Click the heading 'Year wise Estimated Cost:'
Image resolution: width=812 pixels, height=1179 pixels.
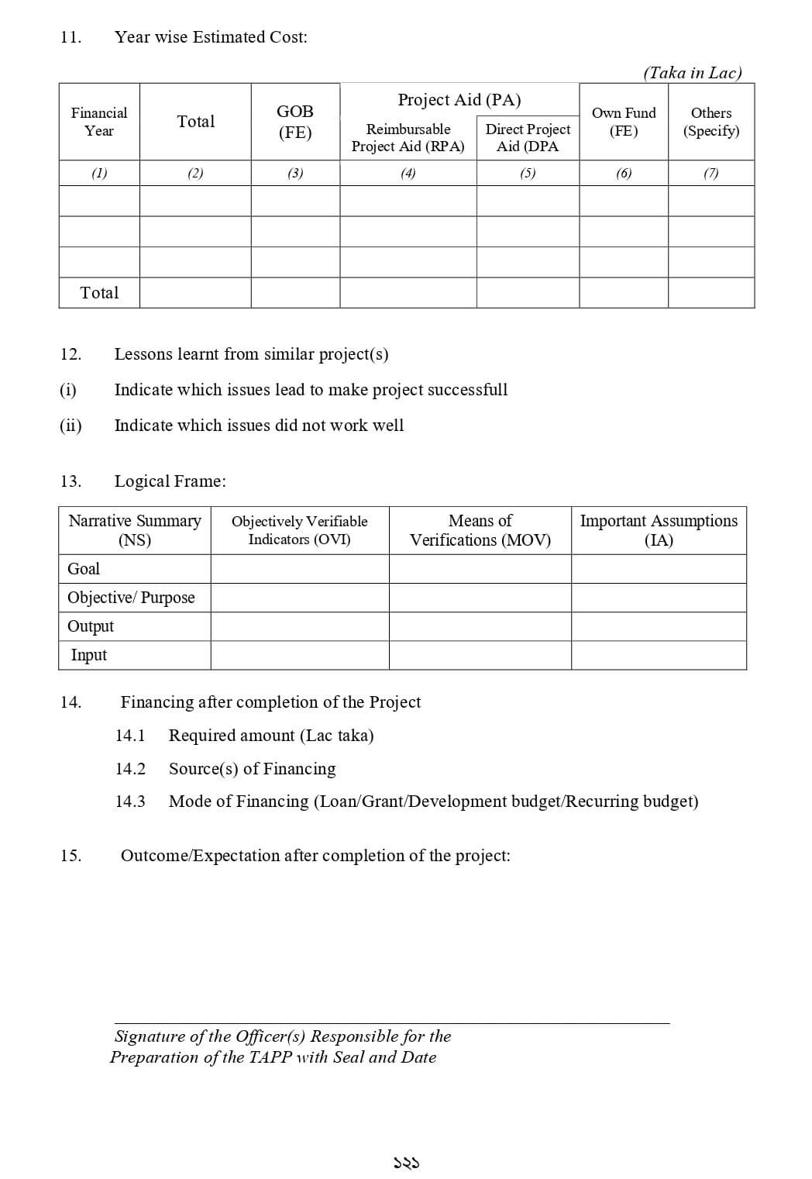click(x=211, y=37)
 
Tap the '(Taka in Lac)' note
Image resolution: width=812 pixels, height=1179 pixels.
click(x=692, y=73)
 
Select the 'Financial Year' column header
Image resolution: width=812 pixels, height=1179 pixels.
click(x=99, y=122)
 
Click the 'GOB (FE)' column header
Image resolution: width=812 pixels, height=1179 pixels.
click(x=295, y=122)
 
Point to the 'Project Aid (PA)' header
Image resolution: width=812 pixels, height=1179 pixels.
click(x=459, y=100)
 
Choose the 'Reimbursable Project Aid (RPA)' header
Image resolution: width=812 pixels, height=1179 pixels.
click(x=408, y=138)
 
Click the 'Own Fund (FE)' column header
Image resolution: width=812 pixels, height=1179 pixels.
click(x=624, y=122)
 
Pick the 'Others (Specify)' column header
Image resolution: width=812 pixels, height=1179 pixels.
click(x=711, y=122)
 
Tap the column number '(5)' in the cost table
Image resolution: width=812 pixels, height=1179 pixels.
click(x=528, y=174)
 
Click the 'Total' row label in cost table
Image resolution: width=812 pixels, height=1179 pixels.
click(x=100, y=293)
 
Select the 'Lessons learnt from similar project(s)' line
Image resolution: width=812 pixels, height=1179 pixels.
click(x=251, y=354)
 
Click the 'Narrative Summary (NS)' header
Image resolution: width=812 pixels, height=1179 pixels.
click(x=135, y=530)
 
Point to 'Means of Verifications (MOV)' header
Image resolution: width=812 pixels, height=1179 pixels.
click(x=480, y=530)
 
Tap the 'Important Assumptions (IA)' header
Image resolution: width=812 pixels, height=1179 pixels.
click(x=659, y=530)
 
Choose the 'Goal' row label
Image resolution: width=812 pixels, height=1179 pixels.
click(x=84, y=569)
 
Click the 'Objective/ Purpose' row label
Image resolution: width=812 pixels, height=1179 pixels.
click(x=131, y=598)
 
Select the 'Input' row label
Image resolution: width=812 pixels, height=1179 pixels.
click(x=89, y=655)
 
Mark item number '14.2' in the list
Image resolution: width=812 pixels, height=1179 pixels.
click(x=130, y=769)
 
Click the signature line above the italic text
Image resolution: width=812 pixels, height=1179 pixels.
click(x=391, y=1023)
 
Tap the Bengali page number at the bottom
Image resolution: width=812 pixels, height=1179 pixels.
click(x=406, y=1163)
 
